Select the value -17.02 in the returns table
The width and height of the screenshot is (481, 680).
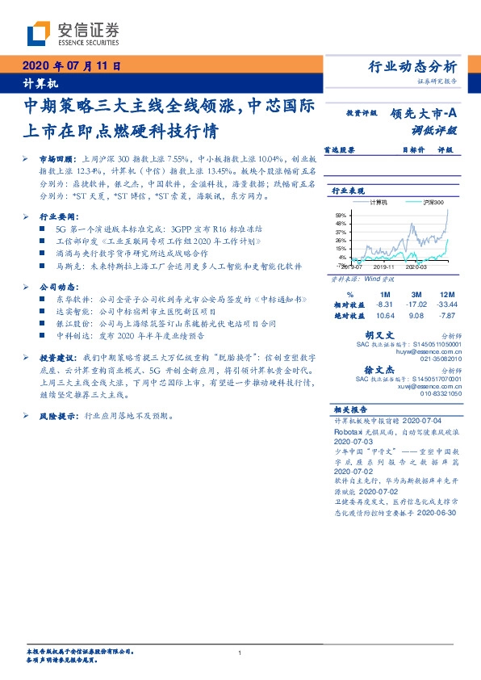416,304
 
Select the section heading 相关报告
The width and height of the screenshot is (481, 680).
347,409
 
